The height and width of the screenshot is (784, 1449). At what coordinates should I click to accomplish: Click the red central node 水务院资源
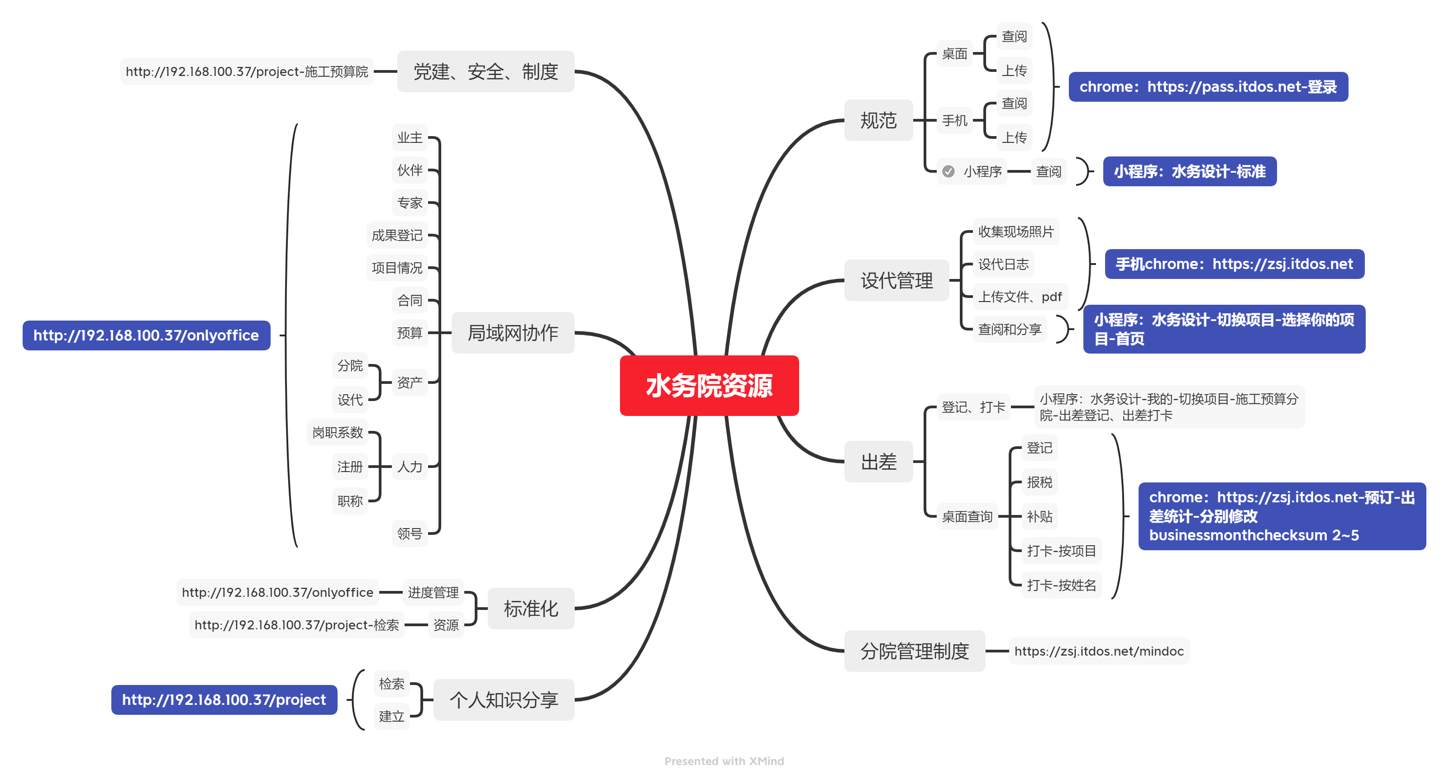point(709,386)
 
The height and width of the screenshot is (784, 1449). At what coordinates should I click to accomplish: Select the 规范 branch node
point(878,120)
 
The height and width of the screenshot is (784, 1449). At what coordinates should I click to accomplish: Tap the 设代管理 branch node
point(896,280)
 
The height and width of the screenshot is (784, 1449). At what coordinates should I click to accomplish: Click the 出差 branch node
point(878,462)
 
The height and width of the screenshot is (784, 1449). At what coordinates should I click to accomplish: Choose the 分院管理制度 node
point(914,651)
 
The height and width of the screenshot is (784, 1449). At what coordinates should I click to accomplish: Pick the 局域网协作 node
point(512,333)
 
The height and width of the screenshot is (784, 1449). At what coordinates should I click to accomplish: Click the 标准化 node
point(530,608)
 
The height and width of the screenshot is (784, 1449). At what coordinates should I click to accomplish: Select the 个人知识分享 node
point(503,700)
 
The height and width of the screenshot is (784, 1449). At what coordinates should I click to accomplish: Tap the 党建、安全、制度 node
point(486,71)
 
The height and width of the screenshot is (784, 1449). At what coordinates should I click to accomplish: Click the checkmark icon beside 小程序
point(949,171)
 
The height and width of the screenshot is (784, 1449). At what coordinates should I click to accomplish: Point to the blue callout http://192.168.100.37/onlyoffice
point(146,335)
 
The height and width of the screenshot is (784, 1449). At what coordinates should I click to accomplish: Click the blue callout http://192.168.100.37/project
point(224,700)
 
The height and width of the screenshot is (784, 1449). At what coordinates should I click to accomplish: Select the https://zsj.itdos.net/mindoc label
point(1099,651)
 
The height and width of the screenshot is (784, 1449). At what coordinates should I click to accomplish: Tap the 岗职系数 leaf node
point(338,432)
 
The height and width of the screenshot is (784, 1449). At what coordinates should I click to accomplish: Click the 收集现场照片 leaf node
point(1015,231)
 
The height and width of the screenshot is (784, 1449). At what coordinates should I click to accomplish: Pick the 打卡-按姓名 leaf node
point(1061,585)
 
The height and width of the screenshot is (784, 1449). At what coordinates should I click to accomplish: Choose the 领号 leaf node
point(409,533)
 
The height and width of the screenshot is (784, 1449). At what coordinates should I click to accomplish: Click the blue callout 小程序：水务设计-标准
point(1189,171)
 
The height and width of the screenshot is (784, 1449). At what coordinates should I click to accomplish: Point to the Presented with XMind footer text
point(724,761)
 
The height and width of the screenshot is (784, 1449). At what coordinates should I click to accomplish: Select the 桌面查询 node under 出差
point(967,516)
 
